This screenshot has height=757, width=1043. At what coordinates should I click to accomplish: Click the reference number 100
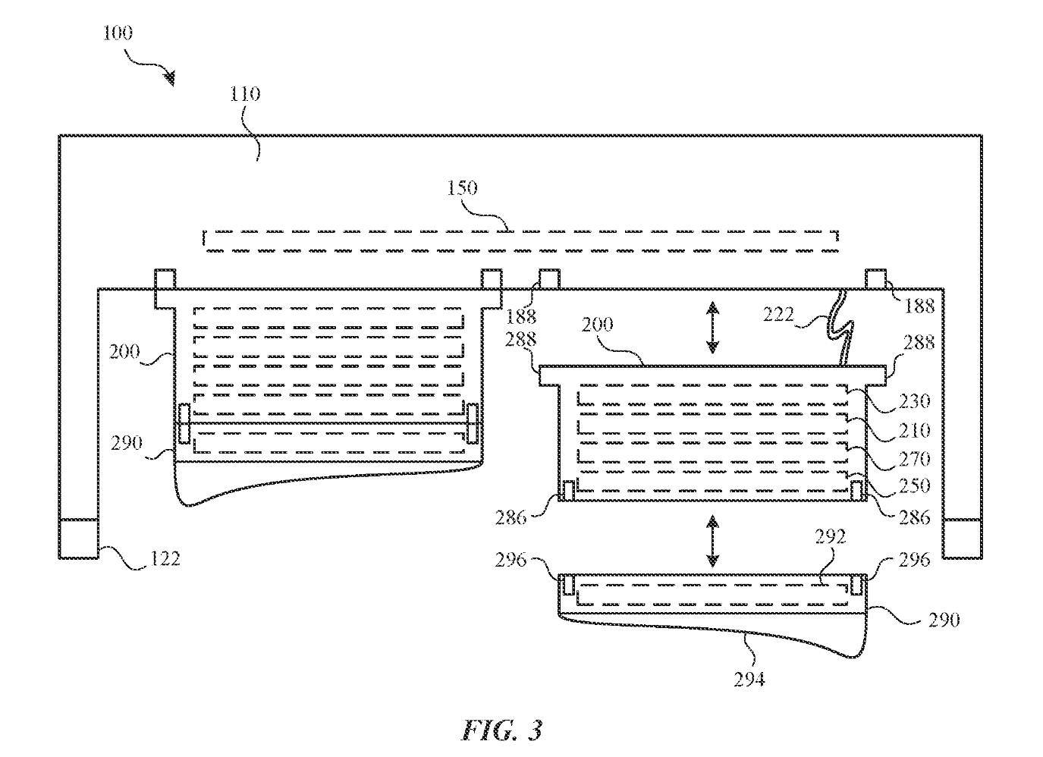[118, 33]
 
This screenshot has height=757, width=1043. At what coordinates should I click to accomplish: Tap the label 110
[245, 94]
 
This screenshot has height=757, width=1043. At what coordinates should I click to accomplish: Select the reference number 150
[463, 188]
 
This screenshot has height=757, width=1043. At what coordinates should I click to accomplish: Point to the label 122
[165, 559]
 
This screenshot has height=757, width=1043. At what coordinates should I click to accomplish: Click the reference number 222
[778, 315]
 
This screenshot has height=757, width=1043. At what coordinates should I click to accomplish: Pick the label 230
[914, 401]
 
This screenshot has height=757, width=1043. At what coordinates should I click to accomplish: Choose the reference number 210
[914, 431]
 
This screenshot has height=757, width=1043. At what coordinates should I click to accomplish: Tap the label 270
[914, 460]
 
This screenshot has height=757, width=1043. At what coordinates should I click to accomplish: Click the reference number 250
[914, 486]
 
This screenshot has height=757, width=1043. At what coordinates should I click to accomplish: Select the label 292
[831, 537]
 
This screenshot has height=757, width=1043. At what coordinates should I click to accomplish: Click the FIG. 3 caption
[502, 730]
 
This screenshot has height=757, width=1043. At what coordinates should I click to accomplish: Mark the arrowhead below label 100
[171, 78]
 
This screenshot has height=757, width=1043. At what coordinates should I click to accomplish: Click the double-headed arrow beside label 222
[712, 327]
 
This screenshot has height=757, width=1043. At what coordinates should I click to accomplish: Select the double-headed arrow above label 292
[712, 541]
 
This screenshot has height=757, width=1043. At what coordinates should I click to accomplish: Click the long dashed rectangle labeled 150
[520, 241]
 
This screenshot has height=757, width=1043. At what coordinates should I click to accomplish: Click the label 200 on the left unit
[124, 352]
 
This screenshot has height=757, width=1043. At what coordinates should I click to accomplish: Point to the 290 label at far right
[944, 620]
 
